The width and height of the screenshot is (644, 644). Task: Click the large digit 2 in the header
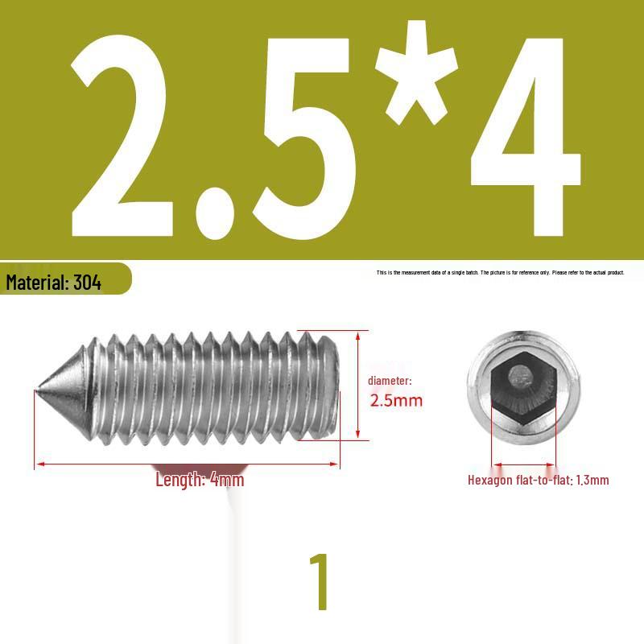click(x=121, y=137)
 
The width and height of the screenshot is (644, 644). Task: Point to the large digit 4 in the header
click(x=523, y=137)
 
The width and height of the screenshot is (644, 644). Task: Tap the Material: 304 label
click(x=54, y=283)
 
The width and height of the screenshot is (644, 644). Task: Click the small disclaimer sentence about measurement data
click(x=500, y=273)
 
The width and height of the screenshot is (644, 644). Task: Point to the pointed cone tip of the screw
click(x=40, y=391)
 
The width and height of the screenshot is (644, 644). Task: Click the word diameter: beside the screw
click(x=390, y=380)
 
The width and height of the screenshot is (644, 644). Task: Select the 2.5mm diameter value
click(x=396, y=400)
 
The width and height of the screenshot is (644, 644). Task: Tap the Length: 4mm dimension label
click(x=200, y=481)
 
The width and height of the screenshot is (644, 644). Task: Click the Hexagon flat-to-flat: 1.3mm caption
click(x=538, y=481)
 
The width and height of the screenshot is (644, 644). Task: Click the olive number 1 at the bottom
click(x=320, y=582)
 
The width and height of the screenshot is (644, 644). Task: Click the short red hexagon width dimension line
click(x=524, y=464)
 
